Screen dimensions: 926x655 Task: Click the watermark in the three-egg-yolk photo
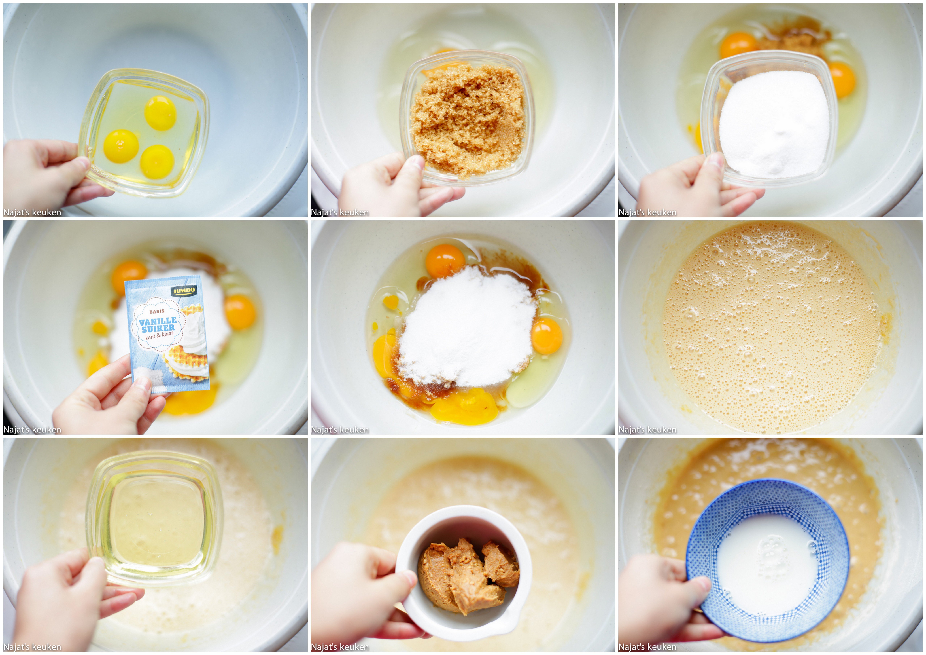tap(32, 212)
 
